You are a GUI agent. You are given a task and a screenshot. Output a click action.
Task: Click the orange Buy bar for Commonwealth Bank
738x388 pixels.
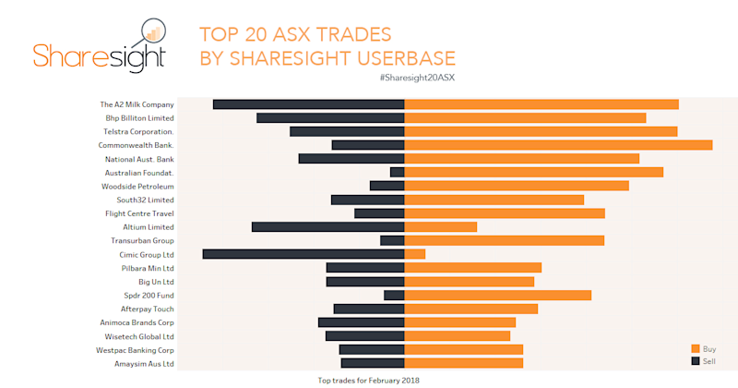pos(558,145)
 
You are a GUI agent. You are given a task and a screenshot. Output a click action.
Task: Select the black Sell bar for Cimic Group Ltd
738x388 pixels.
pos(304,254)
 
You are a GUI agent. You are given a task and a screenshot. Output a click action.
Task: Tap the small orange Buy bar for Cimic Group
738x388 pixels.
pos(415,254)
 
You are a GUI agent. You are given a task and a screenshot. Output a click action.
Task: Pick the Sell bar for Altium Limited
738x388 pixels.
pos(327,226)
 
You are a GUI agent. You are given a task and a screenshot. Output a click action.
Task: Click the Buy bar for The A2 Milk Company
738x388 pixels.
pos(542,104)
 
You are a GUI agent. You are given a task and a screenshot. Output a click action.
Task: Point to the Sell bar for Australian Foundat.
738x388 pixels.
pos(398,172)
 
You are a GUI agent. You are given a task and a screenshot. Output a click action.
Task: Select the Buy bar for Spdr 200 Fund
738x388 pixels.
pos(498,295)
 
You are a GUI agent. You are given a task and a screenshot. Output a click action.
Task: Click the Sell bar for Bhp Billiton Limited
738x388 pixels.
pos(330,118)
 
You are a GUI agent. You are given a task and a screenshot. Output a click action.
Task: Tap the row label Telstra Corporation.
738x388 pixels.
pos(138,132)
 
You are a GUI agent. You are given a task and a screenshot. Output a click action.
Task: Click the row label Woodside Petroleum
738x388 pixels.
pos(137,186)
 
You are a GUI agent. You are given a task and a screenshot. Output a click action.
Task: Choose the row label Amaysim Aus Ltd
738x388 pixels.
pos(141,364)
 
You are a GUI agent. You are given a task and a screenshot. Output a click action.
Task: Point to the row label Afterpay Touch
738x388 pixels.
pos(148,309)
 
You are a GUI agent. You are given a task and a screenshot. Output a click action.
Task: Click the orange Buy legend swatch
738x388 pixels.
pos(696,348)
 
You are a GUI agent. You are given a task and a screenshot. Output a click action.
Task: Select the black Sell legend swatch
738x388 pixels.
pos(696,360)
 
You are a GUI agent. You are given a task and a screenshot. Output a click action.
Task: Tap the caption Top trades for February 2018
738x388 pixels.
pos(368,380)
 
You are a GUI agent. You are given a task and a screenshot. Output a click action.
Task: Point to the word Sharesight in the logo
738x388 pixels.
pos(99,55)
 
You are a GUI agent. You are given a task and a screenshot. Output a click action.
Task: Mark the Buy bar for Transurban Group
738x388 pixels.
pos(505,240)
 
